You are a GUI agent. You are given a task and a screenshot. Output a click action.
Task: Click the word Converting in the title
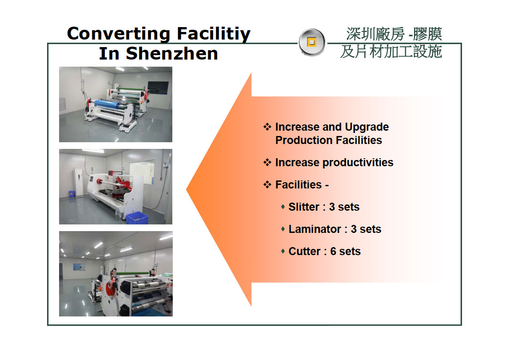coord(119,34)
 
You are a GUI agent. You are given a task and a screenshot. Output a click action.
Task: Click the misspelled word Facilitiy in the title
coord(214,34)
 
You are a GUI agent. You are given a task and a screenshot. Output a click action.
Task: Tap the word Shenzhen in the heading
coord(172,54)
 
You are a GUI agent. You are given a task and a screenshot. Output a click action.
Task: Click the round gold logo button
coord(312,42)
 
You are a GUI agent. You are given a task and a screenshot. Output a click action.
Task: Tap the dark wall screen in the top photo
coord(158,88)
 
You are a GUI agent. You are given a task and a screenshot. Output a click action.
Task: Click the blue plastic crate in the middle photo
coord(137,218)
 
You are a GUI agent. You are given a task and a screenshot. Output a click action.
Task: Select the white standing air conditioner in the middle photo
coord(79,182)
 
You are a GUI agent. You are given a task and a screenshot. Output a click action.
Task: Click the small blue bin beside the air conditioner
coord(72,194)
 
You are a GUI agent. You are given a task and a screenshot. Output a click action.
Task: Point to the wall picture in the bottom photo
coord(79,267)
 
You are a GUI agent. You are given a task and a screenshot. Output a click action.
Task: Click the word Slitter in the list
coord(304,207)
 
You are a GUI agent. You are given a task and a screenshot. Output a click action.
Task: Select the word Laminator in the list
coord(314,229)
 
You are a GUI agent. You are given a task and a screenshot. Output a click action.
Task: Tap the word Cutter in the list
coord(305,251)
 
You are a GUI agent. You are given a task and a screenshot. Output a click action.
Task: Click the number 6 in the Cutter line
coord(333,251)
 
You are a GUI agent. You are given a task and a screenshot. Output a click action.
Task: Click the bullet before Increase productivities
coord(267,162)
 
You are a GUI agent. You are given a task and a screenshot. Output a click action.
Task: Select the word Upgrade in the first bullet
coord(367,127)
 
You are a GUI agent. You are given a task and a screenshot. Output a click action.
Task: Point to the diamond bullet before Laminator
coord(283,229)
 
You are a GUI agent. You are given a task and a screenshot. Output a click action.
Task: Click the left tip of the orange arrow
coord(187,189)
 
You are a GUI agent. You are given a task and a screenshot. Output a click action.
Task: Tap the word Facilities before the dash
coord(298,184)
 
